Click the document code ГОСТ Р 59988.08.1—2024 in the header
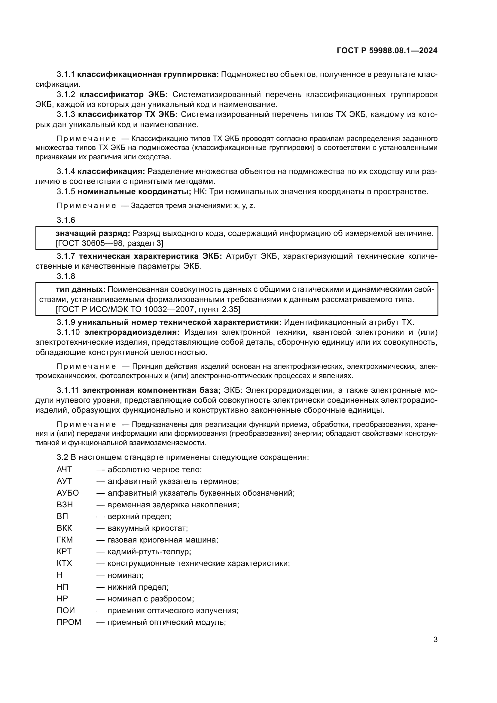tap(387, 50)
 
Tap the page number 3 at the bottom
tap(435, 640)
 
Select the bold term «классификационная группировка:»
tap(148, 75)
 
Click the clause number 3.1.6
tap(66, 220)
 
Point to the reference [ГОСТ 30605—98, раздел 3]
tap(109, 243)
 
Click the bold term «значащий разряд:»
tap(93, 234)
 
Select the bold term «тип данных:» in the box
tap(81, 290)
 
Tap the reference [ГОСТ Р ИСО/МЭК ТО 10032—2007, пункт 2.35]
tap(148, 310)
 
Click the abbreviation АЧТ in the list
tap(64, 469)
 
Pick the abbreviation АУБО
tap(68, 493)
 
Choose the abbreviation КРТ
tap(64, 552)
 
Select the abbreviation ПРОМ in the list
tap(69, 622)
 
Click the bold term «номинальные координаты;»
tap(134, 192)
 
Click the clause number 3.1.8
tap(66, 277)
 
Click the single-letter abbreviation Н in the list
tap(59, 575)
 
